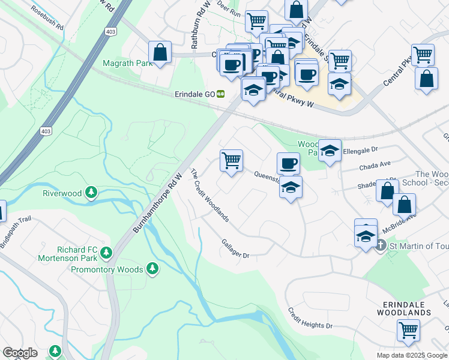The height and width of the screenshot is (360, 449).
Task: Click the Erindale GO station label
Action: pyautogui.click(x=195, y=94)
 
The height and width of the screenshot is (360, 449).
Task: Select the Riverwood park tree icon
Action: pyautogui.click(x=91, y=193)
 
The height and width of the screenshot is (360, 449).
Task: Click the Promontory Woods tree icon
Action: pyautogui.click(x=153, y=268)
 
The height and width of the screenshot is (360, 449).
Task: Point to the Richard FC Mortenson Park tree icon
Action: pyautogui.click(x=106, y=252)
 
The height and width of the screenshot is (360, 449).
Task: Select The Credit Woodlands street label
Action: pyautogui.click(x=209, y=195)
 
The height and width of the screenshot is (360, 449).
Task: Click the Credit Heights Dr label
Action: pyautogui.click(x=310, y=317)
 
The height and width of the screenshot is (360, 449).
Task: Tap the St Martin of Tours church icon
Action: pyautogui.click(x=380, y=245)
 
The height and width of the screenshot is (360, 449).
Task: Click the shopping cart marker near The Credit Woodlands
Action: pyautogui.click(x=231, y=160)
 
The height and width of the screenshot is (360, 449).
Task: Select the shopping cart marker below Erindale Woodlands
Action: pyautogui.click(x=408, y=329)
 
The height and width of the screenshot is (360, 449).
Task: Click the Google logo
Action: pyautogui.click(x=20, y=353)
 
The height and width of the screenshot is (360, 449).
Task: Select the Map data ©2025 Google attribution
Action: pyautogui.click(x=412, y=355)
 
